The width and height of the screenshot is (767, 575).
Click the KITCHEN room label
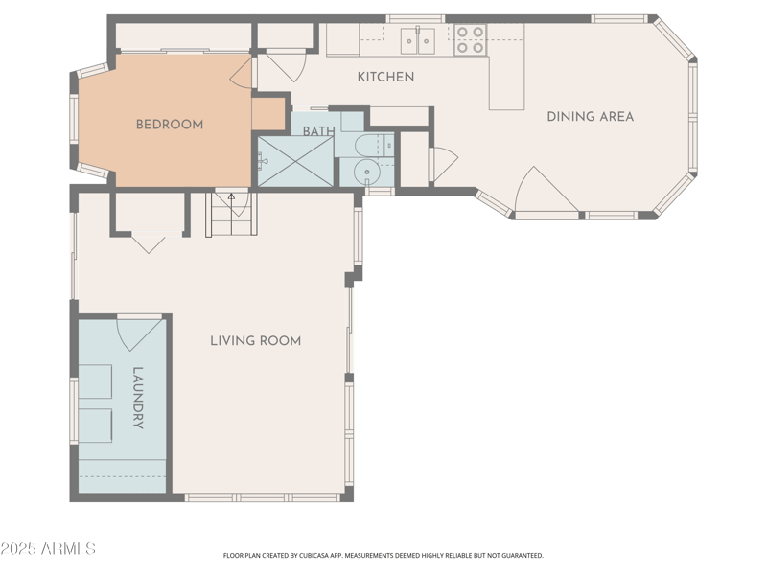click(385, 77)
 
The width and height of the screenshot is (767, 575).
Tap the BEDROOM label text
click(169, 124)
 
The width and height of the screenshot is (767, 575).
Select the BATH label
click(319, 131)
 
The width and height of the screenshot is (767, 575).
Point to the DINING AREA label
click(590, 117)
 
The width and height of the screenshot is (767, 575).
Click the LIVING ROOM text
click(255, 340)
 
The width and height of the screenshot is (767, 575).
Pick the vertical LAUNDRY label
click(138, 398)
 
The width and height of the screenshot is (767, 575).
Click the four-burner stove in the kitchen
click(470, 39)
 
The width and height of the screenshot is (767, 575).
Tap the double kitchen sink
click(417, 40)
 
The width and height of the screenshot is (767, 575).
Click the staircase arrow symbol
click(230, 199)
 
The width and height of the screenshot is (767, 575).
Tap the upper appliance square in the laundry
click(95, 380)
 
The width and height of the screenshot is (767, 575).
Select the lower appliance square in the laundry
click(95, 425)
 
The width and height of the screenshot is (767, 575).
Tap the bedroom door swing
click(242, 73)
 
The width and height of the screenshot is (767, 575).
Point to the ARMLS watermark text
click(48, 549)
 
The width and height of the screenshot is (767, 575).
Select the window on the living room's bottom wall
click(262, 497)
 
